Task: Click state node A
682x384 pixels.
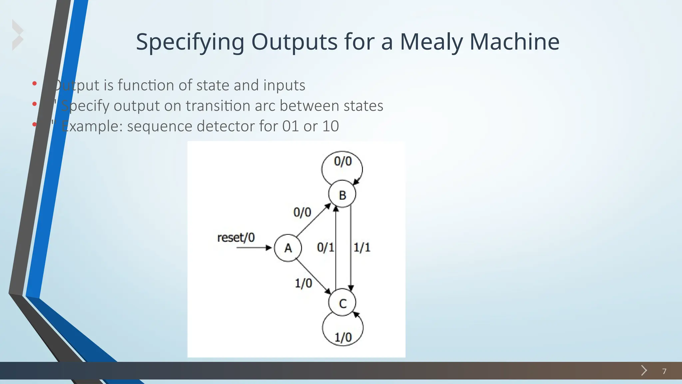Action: click(x=288, y=248)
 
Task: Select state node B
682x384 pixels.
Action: click(x=342, y=194)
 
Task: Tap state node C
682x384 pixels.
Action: click(x=342, y=303)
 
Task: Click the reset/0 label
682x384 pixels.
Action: click(x=236, y=238)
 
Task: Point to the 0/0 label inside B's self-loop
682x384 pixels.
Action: click(x=343, y=161)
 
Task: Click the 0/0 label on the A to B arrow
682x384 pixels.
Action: click(x=302, y=212)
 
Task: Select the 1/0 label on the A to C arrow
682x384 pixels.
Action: click(x=303, y=283)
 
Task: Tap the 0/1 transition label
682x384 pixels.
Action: click(x=325, y=247)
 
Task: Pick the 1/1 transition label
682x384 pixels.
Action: click(x=362, y=247)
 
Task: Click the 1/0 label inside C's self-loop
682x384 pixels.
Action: click(x=343, y=337)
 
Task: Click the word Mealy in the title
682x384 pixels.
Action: click(x=431, y=42)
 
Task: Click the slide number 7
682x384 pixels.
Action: click(x=664, y=371)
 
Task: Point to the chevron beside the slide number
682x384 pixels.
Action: click(x=644, y=370)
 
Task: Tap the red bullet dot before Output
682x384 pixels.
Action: click(x=34, y=84)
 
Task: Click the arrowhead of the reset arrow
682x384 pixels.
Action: click(x=269, y=248)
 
